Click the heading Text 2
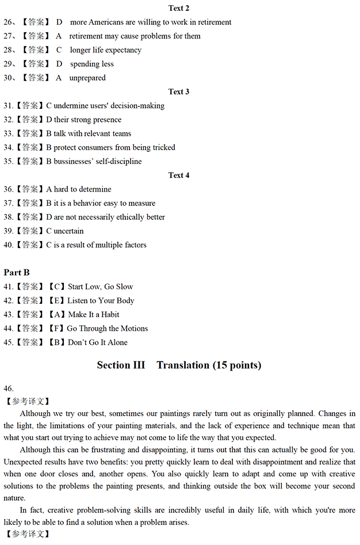(179, 8)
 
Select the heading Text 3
(179, 92)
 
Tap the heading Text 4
(179, 175)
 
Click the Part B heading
(17, 272)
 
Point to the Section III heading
(121, 365)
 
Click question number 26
(9, 22)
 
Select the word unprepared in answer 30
(87, 78)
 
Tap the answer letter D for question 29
(59, 64)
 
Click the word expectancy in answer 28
(123, 50)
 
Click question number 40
(8, 245)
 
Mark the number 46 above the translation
(8, 388)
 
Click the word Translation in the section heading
(183, 365)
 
